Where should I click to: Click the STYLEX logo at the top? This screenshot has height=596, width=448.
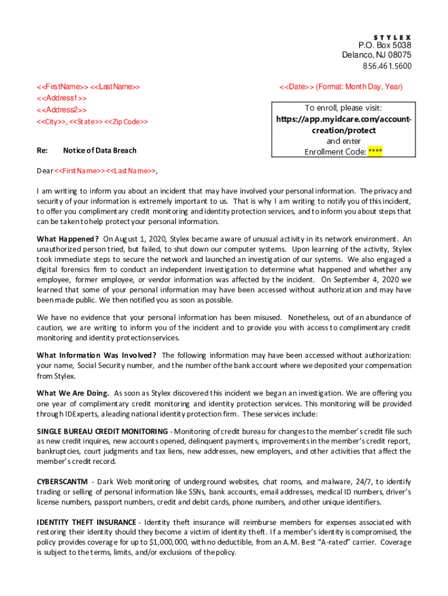point(392,36)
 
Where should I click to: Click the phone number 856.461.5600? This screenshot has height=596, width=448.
point(387,66)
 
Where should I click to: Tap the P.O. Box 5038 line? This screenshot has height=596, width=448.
point(385,45)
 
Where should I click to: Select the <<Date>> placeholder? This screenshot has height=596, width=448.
point(297,87)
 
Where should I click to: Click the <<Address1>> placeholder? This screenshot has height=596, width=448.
point(62,98)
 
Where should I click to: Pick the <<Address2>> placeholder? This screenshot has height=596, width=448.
point(62,110)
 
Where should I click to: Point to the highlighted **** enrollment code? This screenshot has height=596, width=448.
point(375,152)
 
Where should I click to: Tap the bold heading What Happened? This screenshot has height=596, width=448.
point(67,239)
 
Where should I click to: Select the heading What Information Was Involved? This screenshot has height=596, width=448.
point(97,355)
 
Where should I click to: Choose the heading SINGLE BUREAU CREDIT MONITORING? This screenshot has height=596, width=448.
point(102,431)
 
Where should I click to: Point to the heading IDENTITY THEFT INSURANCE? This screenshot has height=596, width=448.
point(87,522)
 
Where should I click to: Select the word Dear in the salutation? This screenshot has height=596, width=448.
point(45,171)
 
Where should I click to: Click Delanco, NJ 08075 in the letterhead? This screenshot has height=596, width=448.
point(376,55)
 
